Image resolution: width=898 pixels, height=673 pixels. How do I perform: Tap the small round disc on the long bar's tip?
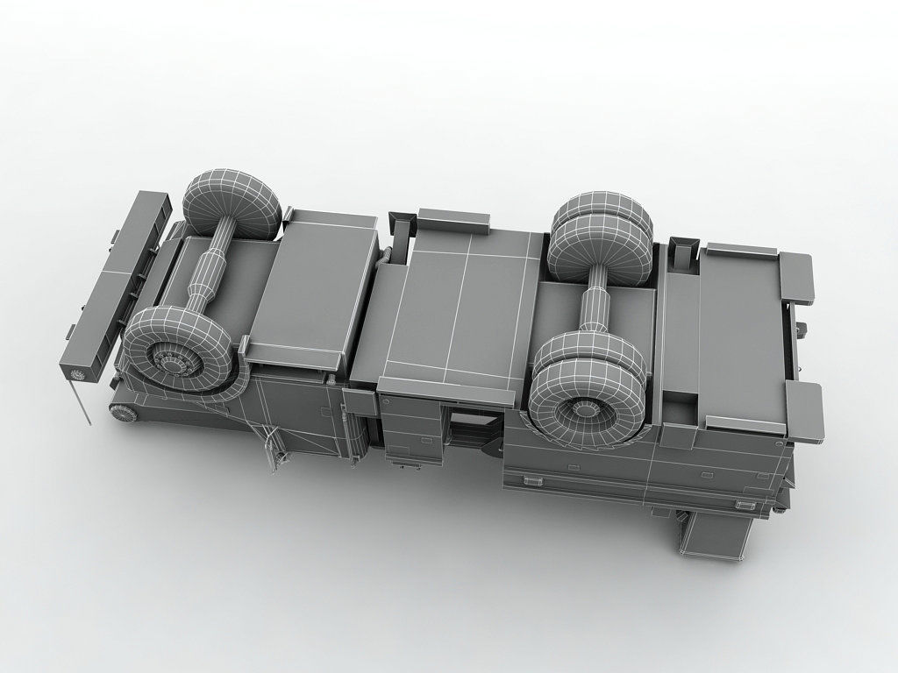tap(77, 375)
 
